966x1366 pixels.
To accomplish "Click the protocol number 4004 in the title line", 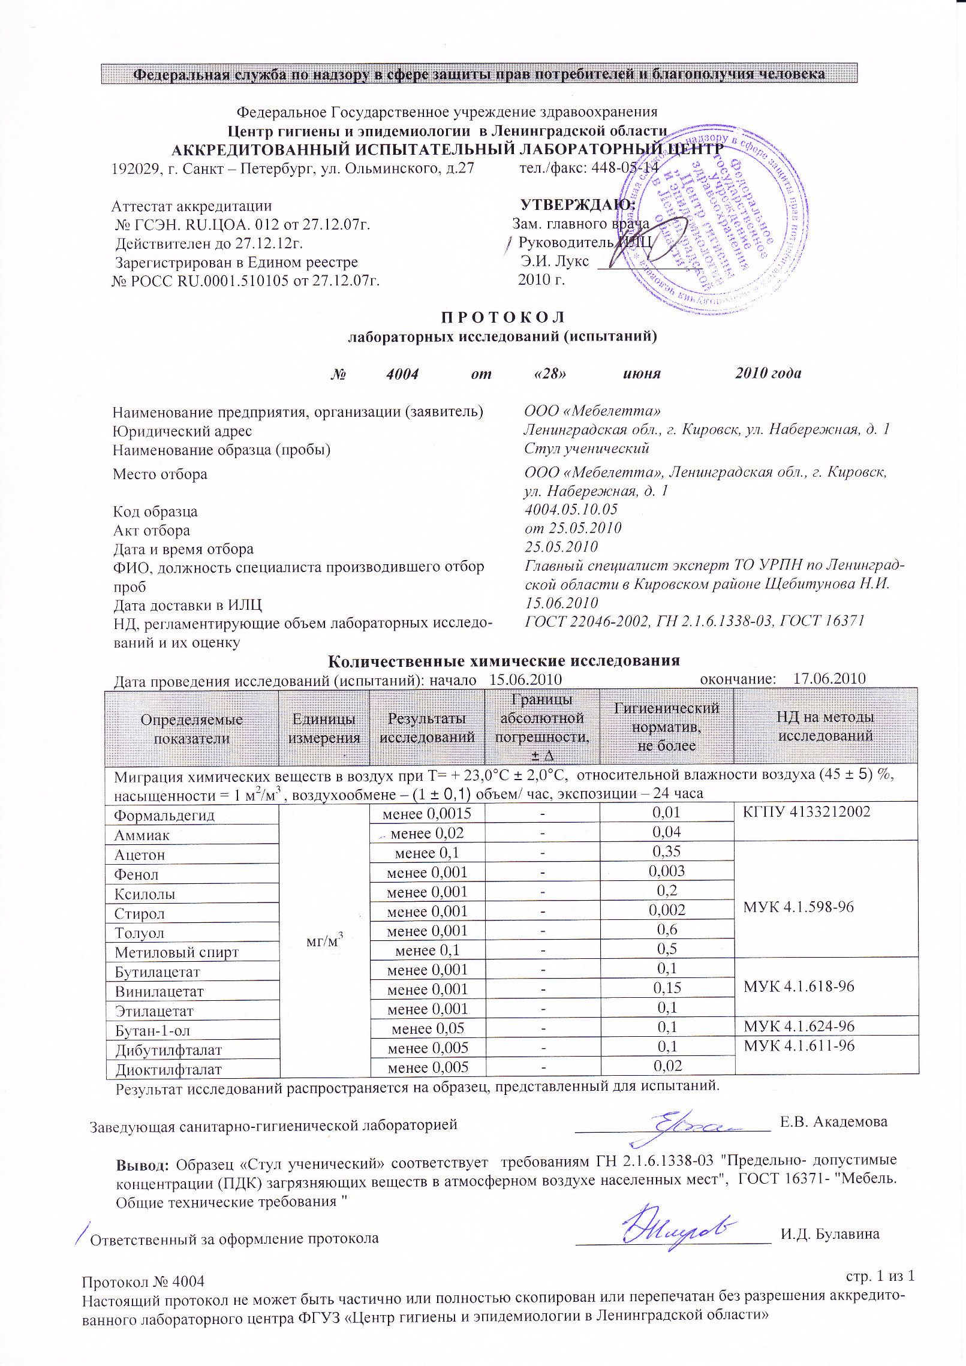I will point(402,374).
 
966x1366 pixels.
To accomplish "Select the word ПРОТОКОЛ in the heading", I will point(502,317).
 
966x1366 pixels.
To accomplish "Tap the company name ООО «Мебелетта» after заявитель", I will point(592,411).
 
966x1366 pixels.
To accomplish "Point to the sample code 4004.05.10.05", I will point(570,509).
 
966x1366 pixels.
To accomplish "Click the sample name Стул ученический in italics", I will point(586,448).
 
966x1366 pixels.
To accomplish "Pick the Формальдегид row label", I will point(164,816).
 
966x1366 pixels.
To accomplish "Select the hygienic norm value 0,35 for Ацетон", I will point(667,852).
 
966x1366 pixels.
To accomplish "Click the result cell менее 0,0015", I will point(427,814).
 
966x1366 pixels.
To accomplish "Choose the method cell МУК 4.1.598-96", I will point(798,907).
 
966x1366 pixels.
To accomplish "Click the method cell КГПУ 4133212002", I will point(806,812).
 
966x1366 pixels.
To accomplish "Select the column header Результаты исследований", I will point(427,727).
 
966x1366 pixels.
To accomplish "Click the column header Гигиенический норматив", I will point(667,727).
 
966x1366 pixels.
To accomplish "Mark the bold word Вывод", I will point(142,1165).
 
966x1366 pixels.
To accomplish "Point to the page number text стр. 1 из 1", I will point(880,1275).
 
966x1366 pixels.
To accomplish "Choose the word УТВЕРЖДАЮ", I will point(577,204).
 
